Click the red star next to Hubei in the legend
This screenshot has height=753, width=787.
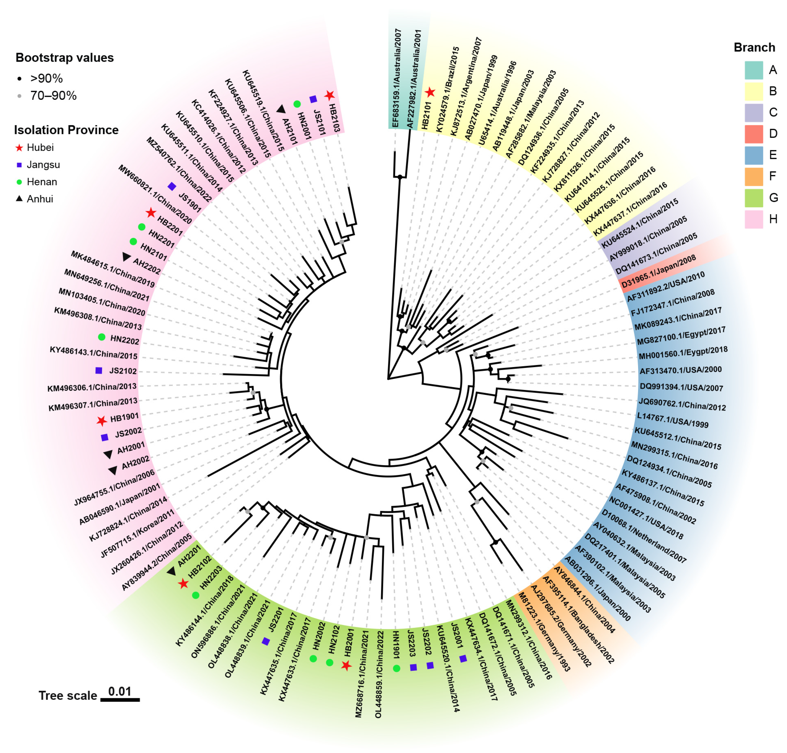tap(19, 148)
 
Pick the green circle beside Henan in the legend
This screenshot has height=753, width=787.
tap(19, 182)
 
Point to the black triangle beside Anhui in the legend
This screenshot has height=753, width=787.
tap(19, 199)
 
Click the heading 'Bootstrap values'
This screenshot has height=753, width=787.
tap(64, 58)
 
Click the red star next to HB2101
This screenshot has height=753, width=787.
tap(430, 93)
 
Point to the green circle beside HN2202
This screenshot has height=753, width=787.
tap(102, 337)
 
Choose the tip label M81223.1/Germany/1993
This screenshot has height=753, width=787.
tap(544, 632)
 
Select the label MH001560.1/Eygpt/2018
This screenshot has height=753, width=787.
tap(682, 353)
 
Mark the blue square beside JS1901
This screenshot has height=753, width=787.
tap(172, 186)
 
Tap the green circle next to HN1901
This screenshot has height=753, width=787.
tap(396, 668)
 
